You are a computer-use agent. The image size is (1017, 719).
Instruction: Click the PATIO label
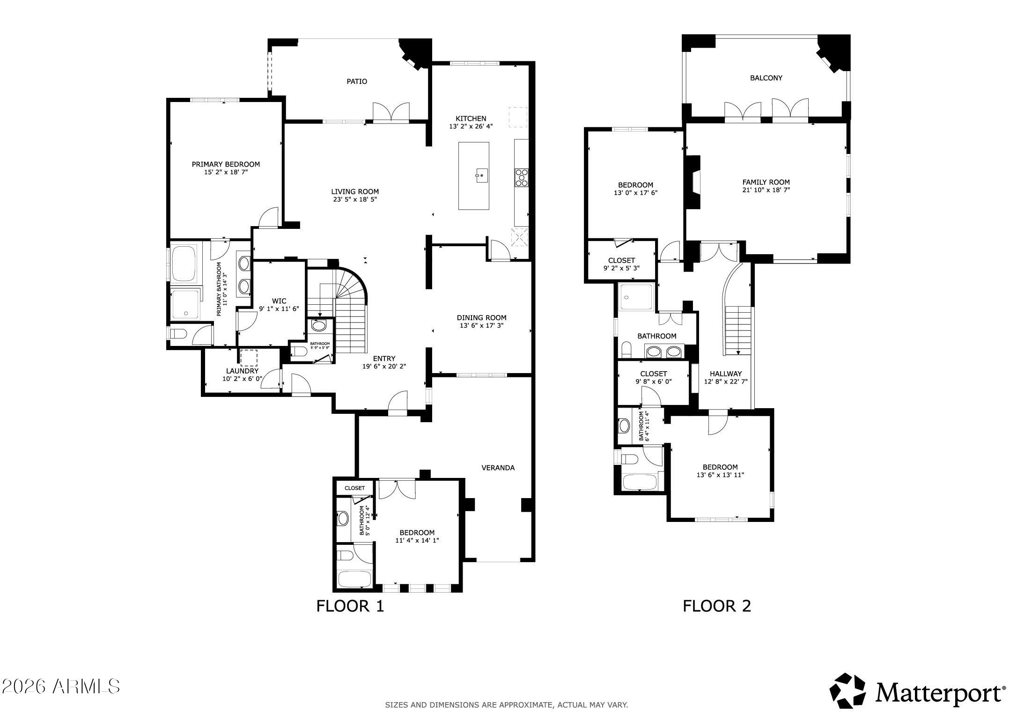[x=356, y=81]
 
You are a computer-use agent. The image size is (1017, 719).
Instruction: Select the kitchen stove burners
[x=522, y=178]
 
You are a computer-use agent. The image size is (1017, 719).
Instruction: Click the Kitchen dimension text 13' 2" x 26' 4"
[x=471, y=126]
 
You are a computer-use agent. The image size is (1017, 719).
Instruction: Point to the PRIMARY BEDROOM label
[x=226, y=164]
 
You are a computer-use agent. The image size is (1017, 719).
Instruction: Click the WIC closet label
[x=279, y=301]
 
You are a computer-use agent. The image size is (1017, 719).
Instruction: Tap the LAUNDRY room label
[x=242, y=371]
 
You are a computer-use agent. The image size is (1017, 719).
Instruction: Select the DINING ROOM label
[x=481, y=318]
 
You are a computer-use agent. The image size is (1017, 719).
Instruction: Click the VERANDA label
[x=498, y=468]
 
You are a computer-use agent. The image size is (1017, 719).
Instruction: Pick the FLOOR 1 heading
[x=350, y=606]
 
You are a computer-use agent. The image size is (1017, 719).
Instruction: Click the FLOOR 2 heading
[x=716, y=606]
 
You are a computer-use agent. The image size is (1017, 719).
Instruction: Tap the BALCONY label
[x=766, y=78]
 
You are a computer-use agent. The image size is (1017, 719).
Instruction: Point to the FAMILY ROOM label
[x=766, y=183]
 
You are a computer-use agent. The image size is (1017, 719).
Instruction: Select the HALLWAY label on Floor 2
[x=725, y=374]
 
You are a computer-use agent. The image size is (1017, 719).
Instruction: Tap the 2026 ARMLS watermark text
[x=61, y=687]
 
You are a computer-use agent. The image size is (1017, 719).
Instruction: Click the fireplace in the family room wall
[x=693, y=182]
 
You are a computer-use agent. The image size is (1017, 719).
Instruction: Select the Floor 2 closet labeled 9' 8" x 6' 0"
[x=653, y=377]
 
